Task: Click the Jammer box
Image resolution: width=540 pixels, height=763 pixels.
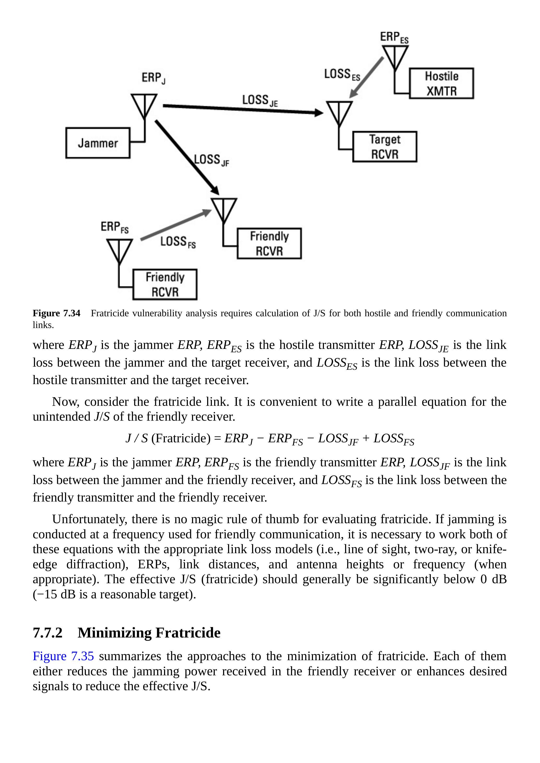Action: coord(98,143)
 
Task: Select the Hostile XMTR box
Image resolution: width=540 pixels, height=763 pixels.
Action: coord(441,84)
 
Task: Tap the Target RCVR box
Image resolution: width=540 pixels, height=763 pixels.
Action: coord(385,147)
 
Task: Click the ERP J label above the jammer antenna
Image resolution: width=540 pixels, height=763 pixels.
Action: coord(153,78)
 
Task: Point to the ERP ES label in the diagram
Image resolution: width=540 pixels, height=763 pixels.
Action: coord(394,37)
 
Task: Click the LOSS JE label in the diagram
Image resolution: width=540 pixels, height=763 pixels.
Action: coord(259,100)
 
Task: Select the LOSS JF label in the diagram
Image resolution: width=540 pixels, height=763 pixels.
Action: coord(212,160)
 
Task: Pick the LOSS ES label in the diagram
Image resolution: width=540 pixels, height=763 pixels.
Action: coord(342,74)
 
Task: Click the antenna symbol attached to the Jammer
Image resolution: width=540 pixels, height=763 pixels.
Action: coord(144,106)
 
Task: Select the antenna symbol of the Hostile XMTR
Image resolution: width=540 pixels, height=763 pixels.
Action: coord(395,57)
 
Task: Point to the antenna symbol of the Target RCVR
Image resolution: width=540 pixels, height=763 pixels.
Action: coord(339,113)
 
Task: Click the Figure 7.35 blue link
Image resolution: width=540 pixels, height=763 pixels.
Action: coord(63,656)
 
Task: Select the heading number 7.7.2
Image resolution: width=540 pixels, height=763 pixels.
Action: coord(48,633)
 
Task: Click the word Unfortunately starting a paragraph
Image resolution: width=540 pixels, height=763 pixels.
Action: coord(90,519)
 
